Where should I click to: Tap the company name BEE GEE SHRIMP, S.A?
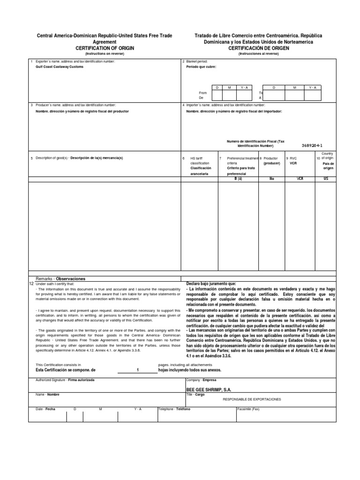(209, 390)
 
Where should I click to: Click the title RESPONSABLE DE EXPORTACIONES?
(252, 399)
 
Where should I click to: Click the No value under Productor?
(271, 178)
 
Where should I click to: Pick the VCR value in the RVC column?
(300, 178)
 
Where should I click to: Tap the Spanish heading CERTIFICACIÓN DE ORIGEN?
(256, 48)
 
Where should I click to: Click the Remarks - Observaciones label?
(60, 278)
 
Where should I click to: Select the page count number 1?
(137, 370)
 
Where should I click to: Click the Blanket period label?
(197, 61)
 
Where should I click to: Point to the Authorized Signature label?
(65, 380)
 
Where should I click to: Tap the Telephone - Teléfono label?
(175, 409)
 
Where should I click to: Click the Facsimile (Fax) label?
(248, 409)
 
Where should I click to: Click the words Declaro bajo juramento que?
(211, 284)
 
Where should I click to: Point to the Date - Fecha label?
(46, 409)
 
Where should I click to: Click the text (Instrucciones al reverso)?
(256, 53)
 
